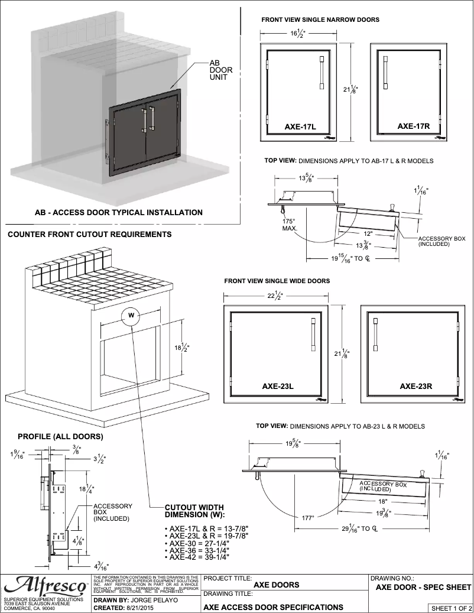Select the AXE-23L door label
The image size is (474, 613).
tap(278, 387)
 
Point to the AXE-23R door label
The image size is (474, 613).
tap(416, 387)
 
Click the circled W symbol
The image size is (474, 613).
tap(131, 315)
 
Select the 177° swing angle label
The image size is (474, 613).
tap(308, 518)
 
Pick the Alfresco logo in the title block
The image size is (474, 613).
tap(44, 586)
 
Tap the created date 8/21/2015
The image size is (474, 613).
tap(143, 607)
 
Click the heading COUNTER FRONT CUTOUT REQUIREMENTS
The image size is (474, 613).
tap(89, 235)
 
